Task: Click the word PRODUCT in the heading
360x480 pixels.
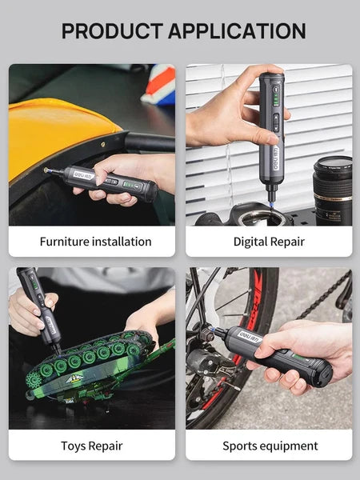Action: [x=110, y=31]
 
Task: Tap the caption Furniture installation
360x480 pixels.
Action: [x=95, y=241]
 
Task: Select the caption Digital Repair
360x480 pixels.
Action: [x=268, y=241]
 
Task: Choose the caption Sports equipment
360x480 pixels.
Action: [x=270, y=446]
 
